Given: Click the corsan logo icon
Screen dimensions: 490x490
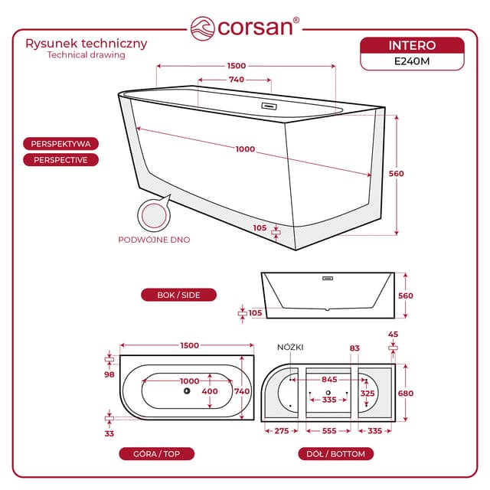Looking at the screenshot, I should (203, 27).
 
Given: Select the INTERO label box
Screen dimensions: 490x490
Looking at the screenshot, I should (412, 46).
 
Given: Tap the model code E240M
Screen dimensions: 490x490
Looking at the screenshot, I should (412, 62).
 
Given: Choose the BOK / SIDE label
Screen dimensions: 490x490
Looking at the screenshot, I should (178, 295).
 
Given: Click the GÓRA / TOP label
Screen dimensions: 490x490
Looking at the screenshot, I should (157, 454).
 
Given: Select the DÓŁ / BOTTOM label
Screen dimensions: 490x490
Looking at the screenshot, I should (335, 454).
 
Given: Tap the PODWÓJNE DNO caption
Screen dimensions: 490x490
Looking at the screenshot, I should (154, 240).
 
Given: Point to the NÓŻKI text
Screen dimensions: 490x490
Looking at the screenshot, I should (290, 348).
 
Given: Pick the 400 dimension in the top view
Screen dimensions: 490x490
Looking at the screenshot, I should (209, 391).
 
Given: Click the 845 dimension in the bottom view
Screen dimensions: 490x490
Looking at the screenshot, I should (328, 379).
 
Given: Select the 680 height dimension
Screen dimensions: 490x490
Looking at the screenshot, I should (405, 394).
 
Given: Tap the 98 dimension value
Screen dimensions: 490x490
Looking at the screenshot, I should (109, 374).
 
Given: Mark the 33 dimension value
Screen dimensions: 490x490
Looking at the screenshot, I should (109, 433).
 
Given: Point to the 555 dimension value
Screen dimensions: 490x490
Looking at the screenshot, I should (328, 432).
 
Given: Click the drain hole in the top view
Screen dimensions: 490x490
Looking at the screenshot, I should (185, 391).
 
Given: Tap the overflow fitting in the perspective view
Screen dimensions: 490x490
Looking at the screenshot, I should (269, 106).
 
